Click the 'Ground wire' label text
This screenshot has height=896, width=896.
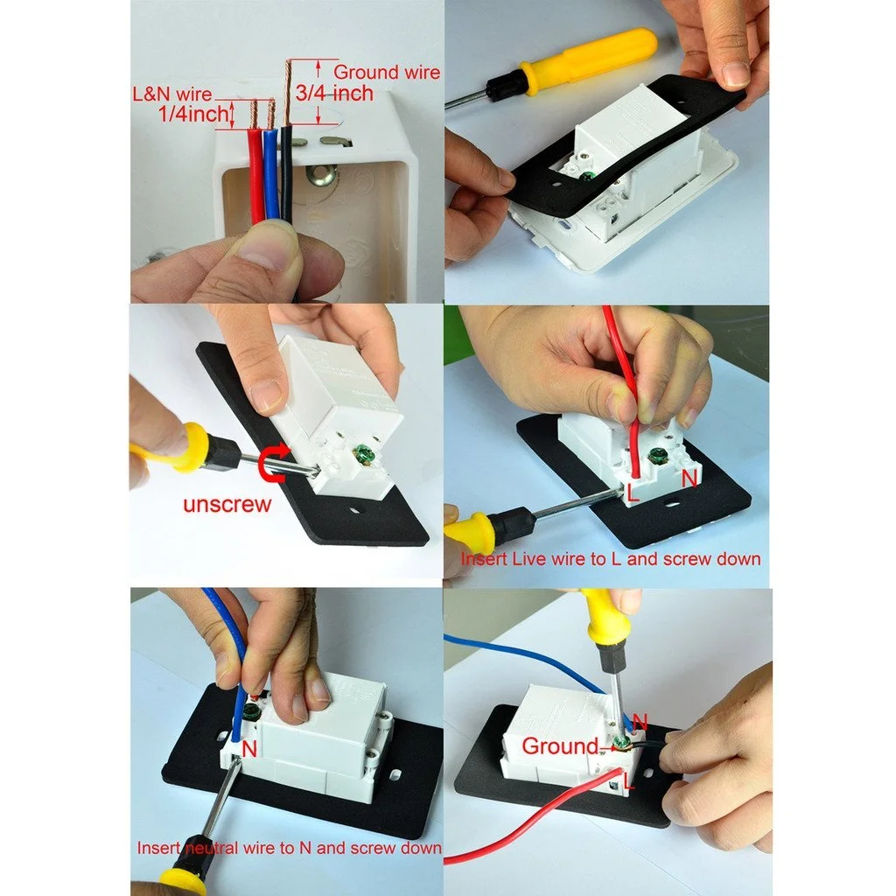386,72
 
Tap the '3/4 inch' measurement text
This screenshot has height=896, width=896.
334,93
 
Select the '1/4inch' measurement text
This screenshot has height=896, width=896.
193,114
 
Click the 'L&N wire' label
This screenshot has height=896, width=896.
172,94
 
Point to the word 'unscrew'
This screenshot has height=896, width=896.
227,504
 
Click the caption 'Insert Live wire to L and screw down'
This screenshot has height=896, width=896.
611,558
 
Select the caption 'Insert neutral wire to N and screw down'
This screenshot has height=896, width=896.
289,847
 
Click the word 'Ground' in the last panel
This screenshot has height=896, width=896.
560,745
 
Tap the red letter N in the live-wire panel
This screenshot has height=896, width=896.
689,479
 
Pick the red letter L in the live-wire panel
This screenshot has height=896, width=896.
633,493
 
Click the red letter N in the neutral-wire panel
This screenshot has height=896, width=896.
249,749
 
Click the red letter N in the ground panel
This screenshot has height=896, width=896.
640,721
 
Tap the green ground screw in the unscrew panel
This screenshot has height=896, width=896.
361,454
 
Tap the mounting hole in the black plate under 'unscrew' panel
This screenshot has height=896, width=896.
355,510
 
